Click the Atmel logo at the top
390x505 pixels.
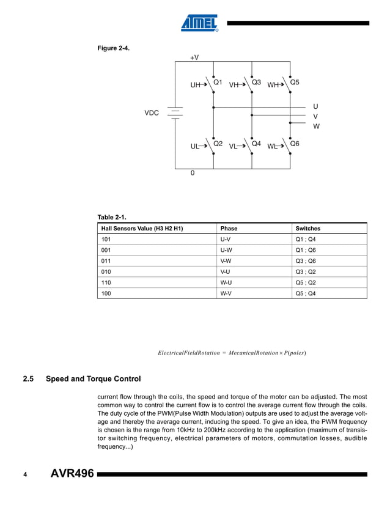[199, 23]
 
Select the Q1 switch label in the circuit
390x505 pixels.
[217, 82]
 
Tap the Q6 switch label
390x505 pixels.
[295, 144]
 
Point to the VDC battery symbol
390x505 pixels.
[175, 113]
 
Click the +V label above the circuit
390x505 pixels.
[194, 57]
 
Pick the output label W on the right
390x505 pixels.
[316, 127]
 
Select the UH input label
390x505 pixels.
[196, 86]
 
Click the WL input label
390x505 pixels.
[273, 147]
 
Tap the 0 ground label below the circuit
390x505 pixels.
[193, 174]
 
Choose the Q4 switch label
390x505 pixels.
[256, 144]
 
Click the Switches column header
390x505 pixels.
[307, 229]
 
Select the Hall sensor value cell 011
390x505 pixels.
[106, 261]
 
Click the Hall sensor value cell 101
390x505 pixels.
[106, 240]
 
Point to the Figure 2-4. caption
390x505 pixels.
[113, 48]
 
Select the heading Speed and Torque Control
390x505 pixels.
[93, 379]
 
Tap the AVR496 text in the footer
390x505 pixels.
[72, 474]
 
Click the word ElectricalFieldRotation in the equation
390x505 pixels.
[188, 353]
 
